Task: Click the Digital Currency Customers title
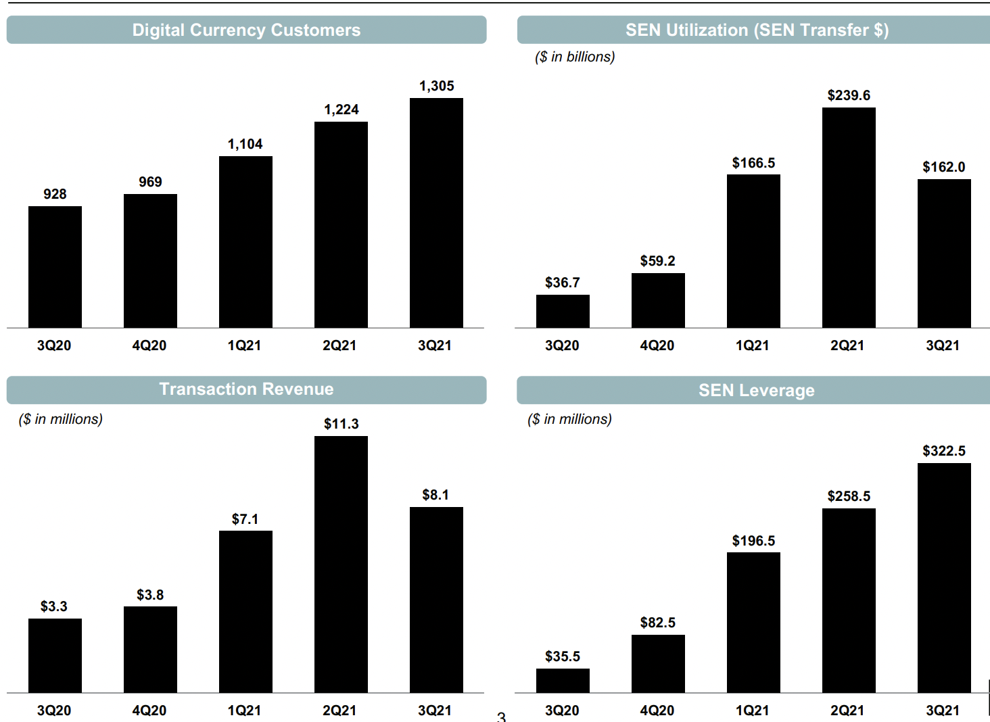[x=246, y=30]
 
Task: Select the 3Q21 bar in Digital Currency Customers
[x=436, y=213]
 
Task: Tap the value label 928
[x=55, y=194]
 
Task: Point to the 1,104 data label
[x=245, y=144]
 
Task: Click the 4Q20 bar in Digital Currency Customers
[x=150, y=261]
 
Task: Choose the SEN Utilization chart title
[x=756, y=30]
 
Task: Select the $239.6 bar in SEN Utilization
[x=849, y=218]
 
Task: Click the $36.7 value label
[x=562, y=283]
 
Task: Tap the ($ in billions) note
[x=575, y=57]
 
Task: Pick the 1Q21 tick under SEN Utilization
[x=752, y=345]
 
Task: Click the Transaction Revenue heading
[x=246, y=389]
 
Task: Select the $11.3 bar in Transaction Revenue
[x=341, y=564]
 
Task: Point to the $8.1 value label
[x=435, y=495]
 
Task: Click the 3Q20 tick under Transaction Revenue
[x=54, y=711]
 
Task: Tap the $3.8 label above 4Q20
[x=150, y=595]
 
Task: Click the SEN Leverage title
[x=756, y=391]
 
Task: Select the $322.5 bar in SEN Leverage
[x=944, y=578]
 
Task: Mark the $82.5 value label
[x=657, y=623]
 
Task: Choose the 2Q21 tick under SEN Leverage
[x=847, y=711]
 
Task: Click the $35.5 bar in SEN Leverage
[x=563, y=681]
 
